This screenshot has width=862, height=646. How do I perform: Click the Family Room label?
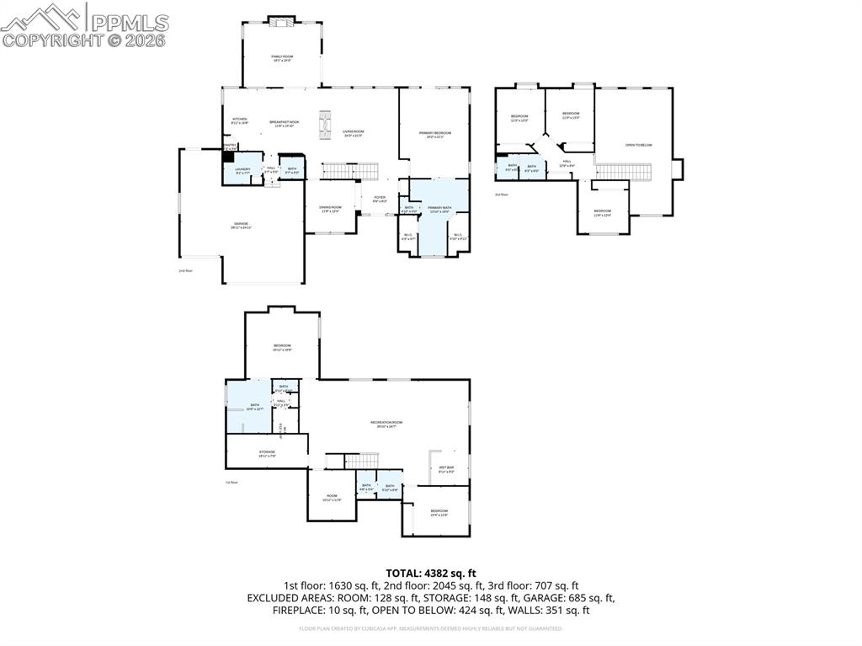[x=281, y=58]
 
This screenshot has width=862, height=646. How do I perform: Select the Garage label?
[x=241, y=225]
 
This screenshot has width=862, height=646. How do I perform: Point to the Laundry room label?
[x=242, y=170]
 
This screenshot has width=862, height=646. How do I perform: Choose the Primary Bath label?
[x=439, y=209]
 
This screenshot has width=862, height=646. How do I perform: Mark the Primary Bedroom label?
[x=435, y=134]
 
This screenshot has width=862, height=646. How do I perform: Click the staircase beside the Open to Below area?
[x=624, y=171]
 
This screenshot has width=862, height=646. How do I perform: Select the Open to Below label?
[x=638, y=145]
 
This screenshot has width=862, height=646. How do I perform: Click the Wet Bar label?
[x=446, y=469]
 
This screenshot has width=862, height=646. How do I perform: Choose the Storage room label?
[x=267, y=453]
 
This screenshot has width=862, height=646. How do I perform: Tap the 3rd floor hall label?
[x=567, y=162]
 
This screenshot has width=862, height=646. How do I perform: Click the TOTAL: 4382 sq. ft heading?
[x=430, y=573]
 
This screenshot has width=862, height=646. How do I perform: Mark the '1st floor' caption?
[x=231, y=483]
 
